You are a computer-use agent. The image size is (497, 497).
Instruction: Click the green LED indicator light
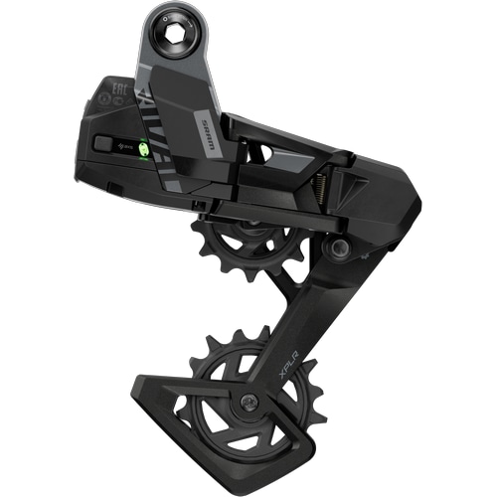pyautogui.click(x=142, y=150)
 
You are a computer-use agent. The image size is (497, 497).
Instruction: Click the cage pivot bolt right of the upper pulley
pyautogui.click(x=340, y=247)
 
